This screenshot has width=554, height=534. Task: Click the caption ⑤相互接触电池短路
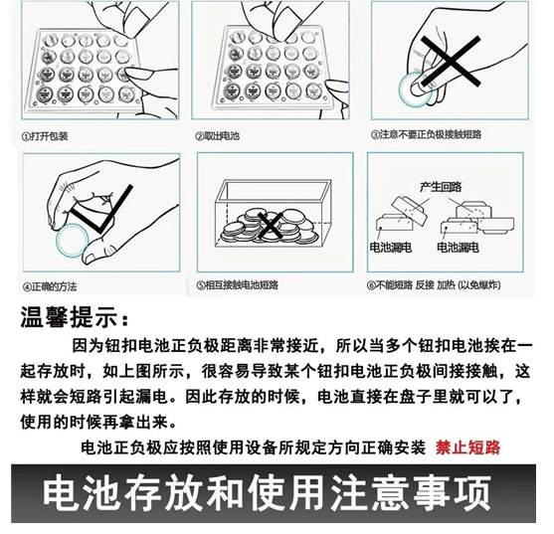238,285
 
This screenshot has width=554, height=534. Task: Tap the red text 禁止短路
467,446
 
